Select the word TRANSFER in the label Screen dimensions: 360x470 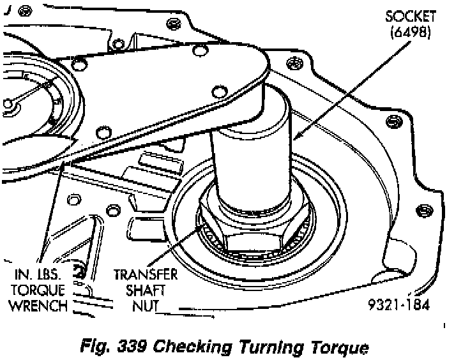point(145,275)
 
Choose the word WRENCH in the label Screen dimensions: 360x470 point(38,305)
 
